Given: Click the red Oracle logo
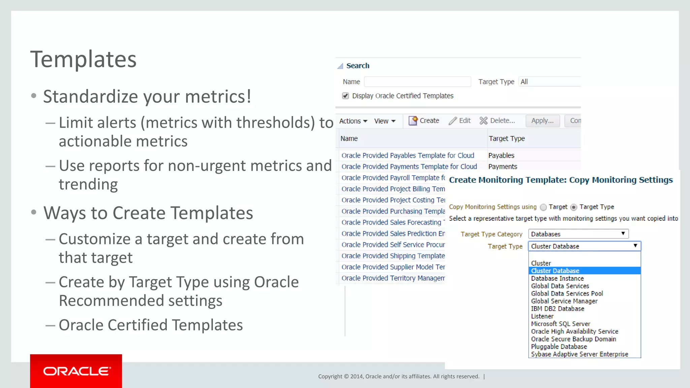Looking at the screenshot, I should click(76, 371).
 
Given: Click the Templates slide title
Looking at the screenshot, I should click(84, 59).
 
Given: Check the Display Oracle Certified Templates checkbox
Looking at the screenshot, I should click(345, 96).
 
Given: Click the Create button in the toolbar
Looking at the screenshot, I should click(424, 121).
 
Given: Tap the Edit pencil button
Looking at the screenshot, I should click(460, 121).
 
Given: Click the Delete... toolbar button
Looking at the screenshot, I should click(497, 121).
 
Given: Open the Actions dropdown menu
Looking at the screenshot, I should click(353, 121).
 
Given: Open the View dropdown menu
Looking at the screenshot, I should click(384, 121).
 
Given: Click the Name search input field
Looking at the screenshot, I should click(417, 82).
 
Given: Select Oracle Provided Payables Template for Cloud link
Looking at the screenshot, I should click(408, 155).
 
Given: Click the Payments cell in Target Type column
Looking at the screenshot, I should click(502, 166).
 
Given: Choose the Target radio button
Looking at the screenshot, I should click(543, 207).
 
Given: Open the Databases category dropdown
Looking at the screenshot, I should click(578, 234).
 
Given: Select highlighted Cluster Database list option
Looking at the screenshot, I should click(555, 271).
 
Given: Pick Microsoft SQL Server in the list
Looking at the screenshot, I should click(560, 324).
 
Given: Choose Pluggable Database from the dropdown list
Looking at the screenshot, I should click(559, 347).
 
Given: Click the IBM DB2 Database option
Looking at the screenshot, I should click(557, 309).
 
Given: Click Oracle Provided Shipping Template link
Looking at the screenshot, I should click(393, 256).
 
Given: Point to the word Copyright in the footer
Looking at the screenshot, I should click(330, 376).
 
